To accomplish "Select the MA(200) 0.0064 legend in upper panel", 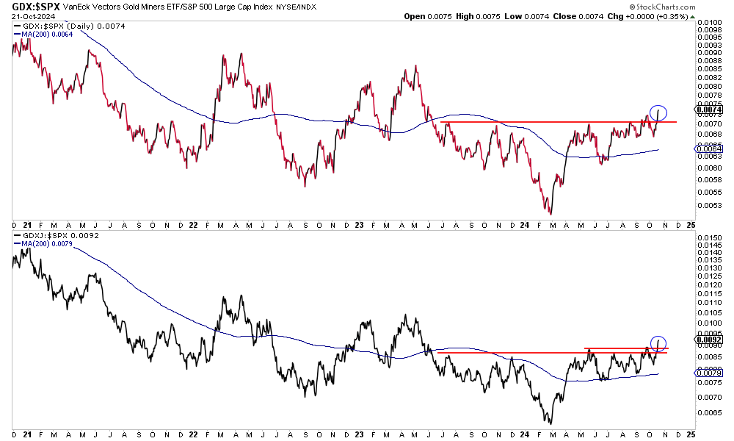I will (x=45, y=34).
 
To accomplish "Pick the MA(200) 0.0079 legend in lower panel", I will (x=45, y=244).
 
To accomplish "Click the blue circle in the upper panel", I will (x=658, y=113).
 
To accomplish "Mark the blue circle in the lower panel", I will (x=658, y=343).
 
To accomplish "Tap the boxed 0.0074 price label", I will (x=711, y=110).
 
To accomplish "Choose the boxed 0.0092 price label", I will (x=711, y=340).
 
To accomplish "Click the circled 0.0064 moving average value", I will (x=711, y=149).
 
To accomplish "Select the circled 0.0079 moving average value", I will (x=711, y=373).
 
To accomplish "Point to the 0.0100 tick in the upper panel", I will (x=711, y=23).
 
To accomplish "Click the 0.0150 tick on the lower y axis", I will (x=711, y=238).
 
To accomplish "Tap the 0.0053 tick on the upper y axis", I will (x=711, y=205).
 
